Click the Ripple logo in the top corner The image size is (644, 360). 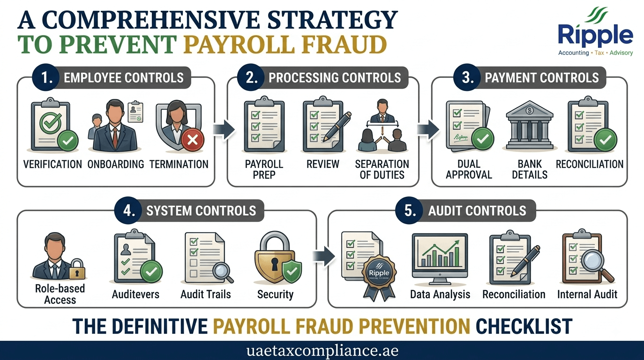click(x=595, y=31)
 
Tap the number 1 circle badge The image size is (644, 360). click(x=46, y=77)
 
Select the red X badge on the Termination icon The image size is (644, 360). click(x=192, y=140)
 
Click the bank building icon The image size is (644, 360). click(x=530, y=125)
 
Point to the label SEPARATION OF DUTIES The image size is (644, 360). click(x=382, y=169)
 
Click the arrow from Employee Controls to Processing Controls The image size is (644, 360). click(x=224, y=130)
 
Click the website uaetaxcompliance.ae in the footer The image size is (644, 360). click(x=322, y=351)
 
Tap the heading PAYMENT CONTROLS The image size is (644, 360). click(x=542, y=78)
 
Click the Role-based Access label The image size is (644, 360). click(x=60, y=294)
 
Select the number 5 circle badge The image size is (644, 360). click(x=409, y=210)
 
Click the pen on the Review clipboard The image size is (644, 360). click(x=337, y=126)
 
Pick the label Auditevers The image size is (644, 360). click(x=135, y=294)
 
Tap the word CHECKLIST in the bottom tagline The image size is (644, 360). click(x=524, y=326)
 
